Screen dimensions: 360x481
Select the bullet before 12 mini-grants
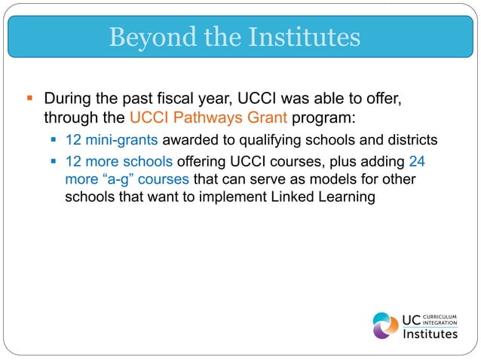point(56,140)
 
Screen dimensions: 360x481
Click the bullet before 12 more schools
point(56,161)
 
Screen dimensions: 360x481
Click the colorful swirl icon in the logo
point(387,325)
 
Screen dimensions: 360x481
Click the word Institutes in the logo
point(430,333)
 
